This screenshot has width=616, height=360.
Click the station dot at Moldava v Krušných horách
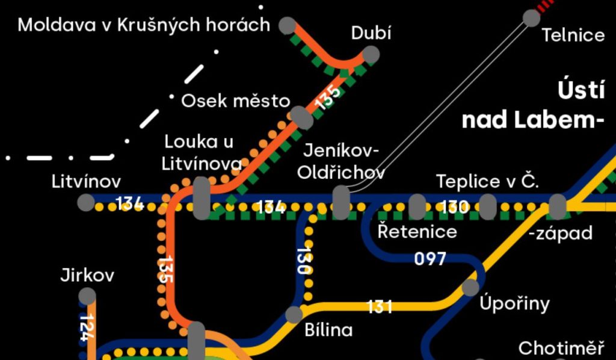pyautogui.click(x=287, y=26)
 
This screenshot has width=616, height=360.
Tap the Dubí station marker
pyautogui.click(x=371, y=55)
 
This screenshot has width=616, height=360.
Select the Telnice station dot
pyautogui.click(x=532, y=17)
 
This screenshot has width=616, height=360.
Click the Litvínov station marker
pyautogui.click(x=86, y=202)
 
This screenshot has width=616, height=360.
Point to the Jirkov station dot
pyautogui.click(x=87, y=296)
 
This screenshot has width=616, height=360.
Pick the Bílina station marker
pyautogui.click(x=294, y=314)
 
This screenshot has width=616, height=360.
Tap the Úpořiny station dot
pyautogui.click(x=471, y=287)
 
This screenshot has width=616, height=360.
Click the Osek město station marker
pyautogui.click(x=301, y=117)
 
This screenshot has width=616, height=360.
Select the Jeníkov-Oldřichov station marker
pyautogui.click(x=341, y=202)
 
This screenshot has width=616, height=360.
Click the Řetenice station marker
pyautogui.click(x=417, y=206)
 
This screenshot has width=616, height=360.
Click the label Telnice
pyautogui.click(x=573, y=35)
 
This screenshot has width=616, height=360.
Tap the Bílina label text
pyautogui.click(x=328, y=330)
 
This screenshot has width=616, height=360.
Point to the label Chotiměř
pyautogui.click(x=561, y=348)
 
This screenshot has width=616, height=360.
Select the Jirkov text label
pyautogui.click(x=87, y=276)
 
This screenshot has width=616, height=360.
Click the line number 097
pyautogui.click(x=430, y=259)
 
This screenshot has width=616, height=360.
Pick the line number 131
pyautogui.click(x=380, y=307)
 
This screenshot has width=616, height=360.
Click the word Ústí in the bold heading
pyautogui.click(x=581, y=92)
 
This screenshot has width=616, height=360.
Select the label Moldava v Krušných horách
pyautogui.click(x=144, y=25)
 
